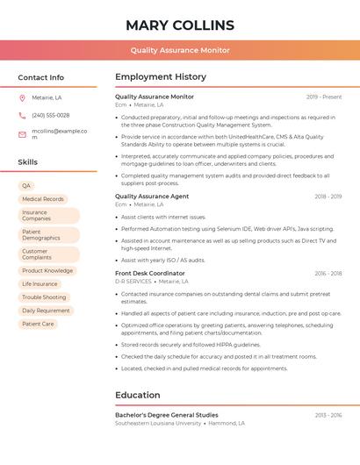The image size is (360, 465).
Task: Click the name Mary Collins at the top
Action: click(180, 25)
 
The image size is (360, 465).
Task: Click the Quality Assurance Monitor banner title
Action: click(180, 50)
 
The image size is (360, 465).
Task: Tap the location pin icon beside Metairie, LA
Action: click(22, 98)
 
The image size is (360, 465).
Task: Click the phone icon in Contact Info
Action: click(22, 116)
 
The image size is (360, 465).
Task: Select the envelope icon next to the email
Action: click(22, 134)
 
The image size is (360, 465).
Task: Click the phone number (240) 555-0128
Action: click(51, 116)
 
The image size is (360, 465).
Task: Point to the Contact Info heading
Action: click(41, 78)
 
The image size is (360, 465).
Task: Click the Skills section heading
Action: click(28, 162)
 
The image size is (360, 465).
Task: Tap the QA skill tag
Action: click(26, 186)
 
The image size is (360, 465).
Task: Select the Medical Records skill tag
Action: click(43, 199)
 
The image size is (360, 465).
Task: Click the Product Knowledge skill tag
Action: click(47, 271)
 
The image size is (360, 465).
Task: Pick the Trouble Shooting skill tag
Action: click(44, 297)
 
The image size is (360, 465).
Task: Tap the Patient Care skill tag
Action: click(38, 324)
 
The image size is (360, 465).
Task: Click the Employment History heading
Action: click(161, 77)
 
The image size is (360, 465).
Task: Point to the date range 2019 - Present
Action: click(324, 97)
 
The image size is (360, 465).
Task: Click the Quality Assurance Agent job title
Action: click(152, 197)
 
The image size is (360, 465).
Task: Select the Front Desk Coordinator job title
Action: click(150, 274)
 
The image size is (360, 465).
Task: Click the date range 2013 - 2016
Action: click(328, 415)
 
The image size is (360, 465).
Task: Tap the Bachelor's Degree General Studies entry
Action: click(167, 415)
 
